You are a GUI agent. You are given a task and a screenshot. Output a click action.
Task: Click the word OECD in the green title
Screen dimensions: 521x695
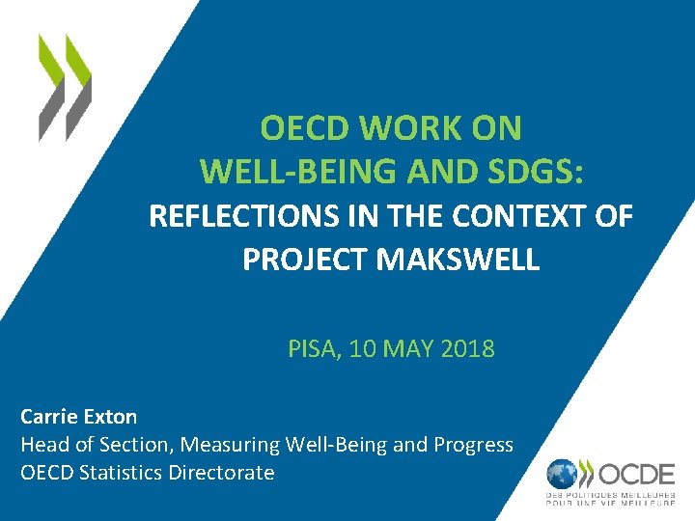click(x=297, y=128)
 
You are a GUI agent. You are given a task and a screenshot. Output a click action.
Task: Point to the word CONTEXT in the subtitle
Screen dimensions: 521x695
click(x=527, y=217)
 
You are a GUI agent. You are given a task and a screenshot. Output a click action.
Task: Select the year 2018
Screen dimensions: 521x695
click(x=467, y=348)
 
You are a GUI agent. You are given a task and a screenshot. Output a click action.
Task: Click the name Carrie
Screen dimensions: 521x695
click(x=49, y=417)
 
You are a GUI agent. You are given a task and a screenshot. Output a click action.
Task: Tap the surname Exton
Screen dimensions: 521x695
click(x=110, y=417)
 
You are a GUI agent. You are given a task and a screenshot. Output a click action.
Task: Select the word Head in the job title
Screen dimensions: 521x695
click(x=42, y=445)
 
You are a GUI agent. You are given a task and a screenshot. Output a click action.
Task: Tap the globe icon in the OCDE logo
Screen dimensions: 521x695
click(x=564, y=475)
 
